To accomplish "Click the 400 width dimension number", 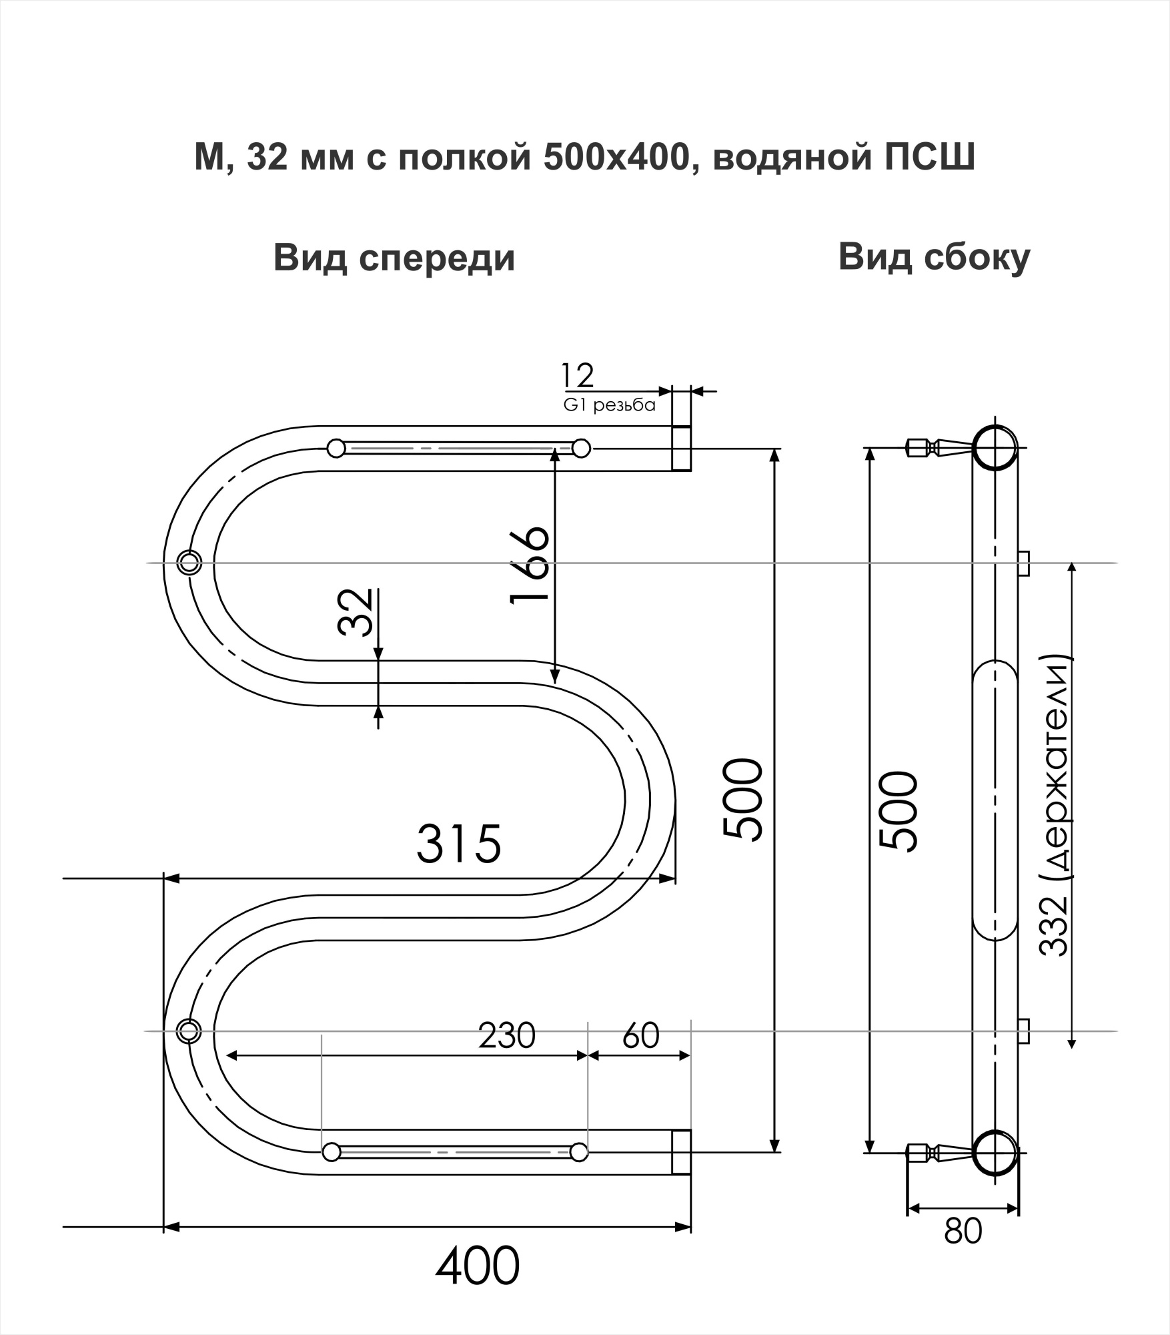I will pyautogui.click(x=478, y=1266).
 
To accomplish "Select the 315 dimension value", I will pyautogui.click(x=459, y=843).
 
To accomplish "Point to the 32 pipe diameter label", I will pyautogui.click(x=356, y=612).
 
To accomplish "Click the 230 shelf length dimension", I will pyautogui.click(x=507, y=1035).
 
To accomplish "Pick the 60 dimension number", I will pyautogui.click(x=640, y=1035).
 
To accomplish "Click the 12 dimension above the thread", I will pyautogui.click(x=577, y=376).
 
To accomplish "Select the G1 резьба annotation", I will pyautogui.click(x=610, y=405).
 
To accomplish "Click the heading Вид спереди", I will pyautogui.click(x=394, y=258).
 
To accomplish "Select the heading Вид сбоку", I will pyautogui.click(x=934, y=257).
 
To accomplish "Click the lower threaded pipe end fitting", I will pyautogui.click(x=681, y=1152).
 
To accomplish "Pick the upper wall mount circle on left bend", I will pyautogui.click(x=189, y=562).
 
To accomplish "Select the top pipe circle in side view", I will pyautogui.click(x=995, y=447).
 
